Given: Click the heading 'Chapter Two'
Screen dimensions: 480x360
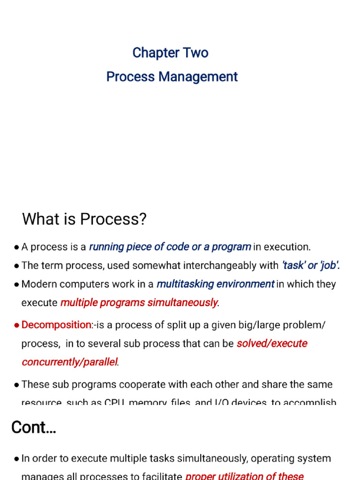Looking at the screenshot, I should click(x=170, y=52).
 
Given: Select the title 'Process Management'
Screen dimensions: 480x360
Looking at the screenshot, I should click(x=172, y=77).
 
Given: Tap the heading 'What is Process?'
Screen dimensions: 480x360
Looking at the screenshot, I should click(x=84, y=218).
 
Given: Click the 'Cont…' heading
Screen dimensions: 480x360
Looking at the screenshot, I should click(x=34, y=427).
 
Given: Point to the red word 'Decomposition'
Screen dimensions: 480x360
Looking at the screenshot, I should click(x=57, y=324).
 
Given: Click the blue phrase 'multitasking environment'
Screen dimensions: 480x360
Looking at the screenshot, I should click(x=215, y=284).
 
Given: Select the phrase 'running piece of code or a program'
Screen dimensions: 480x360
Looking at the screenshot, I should click(x=170, y=247).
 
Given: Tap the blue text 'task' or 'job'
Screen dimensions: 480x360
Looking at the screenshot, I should click(x=310, y=265).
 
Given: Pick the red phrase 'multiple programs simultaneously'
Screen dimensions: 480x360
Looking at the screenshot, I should click(x=139, y=303).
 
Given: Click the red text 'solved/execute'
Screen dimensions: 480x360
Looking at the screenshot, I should click(x=272, y=344).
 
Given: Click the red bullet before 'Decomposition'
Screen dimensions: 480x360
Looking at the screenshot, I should click(x=17, y=325).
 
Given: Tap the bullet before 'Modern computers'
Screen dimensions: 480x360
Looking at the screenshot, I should click(x=17, y=285).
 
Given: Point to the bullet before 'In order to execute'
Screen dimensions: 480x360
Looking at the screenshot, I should click(x=17, y=459).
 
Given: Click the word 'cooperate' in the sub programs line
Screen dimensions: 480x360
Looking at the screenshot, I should click(x=147, y=384).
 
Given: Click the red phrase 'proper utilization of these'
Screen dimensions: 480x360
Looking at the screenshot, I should click(x=244, y=476).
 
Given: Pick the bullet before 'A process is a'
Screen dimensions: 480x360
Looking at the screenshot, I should click(x=17, y=247).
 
